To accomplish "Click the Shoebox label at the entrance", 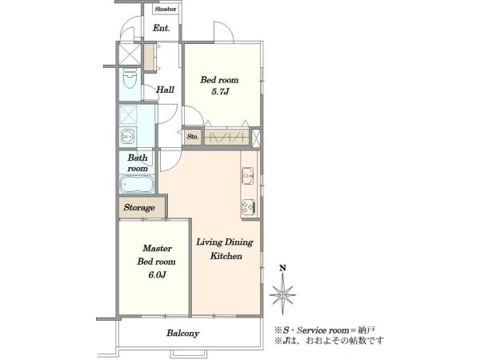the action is (166, 9).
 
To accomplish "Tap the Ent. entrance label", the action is (162, 28).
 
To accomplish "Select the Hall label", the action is (165, 90).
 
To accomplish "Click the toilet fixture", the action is (130, 78).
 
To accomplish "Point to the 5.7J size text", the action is (220, 91).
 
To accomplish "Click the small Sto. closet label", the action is (193, 137).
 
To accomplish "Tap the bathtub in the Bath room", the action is (137, 184).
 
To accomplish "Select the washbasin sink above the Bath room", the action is (127, 137).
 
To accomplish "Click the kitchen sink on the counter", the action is (248, 176).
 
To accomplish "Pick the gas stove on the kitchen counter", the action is (248, 207).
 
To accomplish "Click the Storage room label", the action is (139, 207).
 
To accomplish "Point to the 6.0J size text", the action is (157, 275).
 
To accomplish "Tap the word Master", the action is (157, 248).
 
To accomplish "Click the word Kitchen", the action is (226, 256).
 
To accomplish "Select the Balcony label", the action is (182, 333).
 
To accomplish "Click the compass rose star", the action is (282, 294).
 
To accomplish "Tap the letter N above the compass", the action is (282, 268).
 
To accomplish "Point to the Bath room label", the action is (138, 163).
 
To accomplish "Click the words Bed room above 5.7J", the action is (219, 80).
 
